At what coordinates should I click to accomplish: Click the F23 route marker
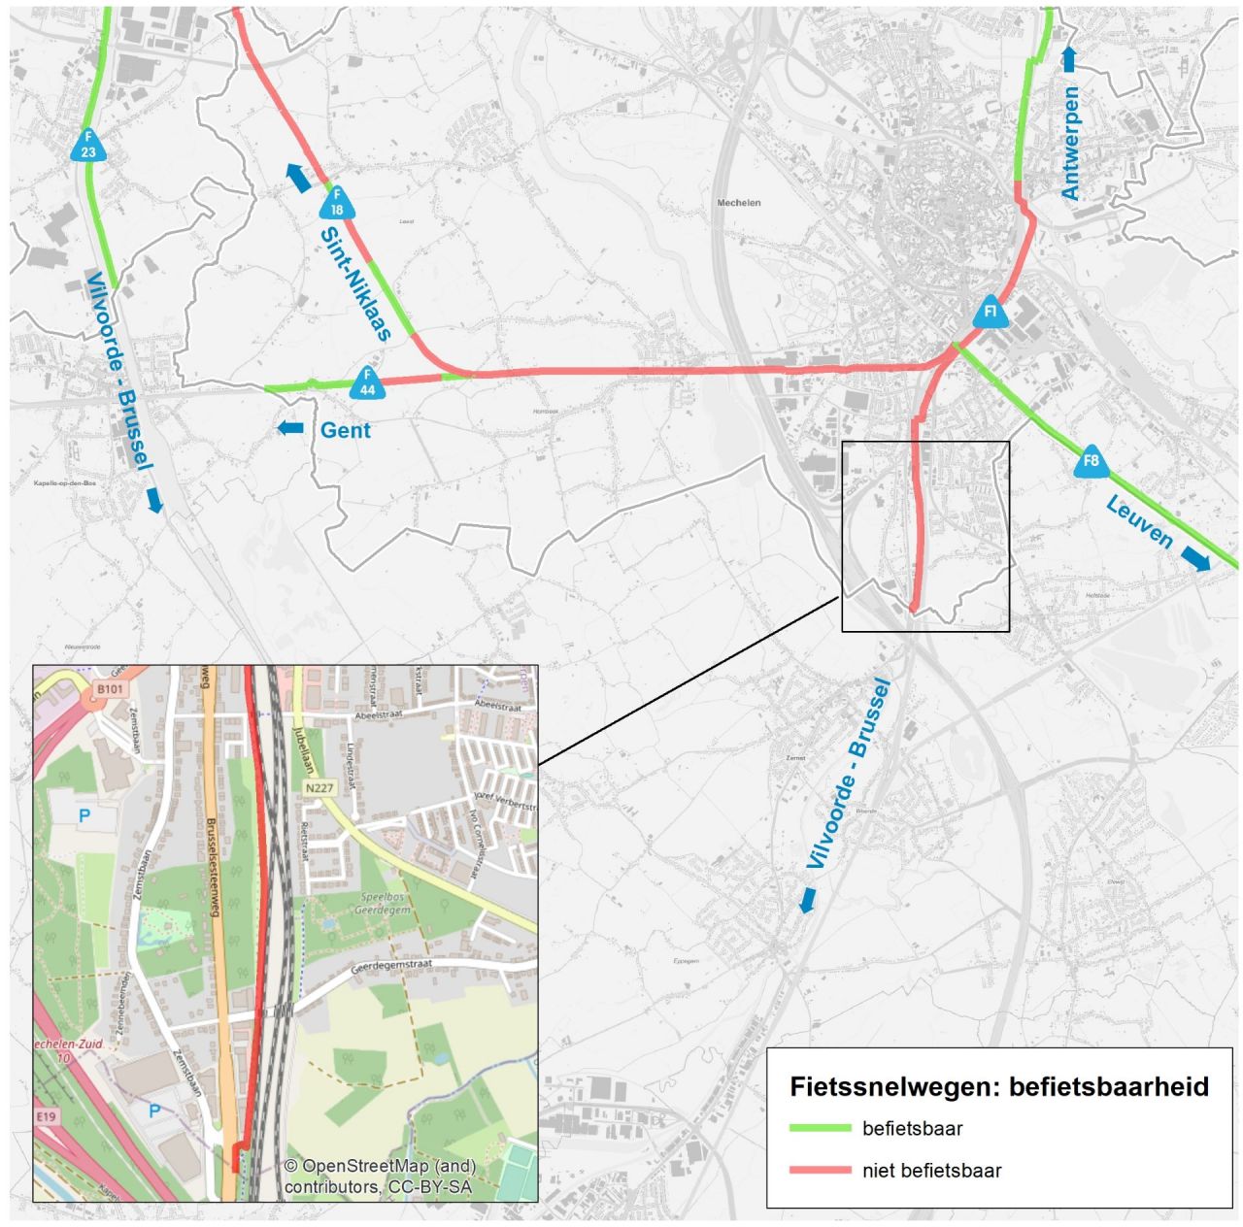[88, 146]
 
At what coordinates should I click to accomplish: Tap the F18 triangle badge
[337, 204]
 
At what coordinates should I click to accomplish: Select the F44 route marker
[367, 383]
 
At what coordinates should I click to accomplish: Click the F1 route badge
[991, 313]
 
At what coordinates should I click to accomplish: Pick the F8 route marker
[1092, 462]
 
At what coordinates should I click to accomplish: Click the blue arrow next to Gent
[290, 428]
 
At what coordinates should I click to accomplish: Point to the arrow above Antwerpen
[1069, 59]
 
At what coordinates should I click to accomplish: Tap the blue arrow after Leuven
[1196, 558]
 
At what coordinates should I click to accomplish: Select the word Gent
[346, 430]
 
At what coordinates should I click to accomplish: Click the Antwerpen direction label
[1071, 144]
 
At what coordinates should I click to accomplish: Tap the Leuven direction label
[1140, 521]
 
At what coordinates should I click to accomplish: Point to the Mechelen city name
[739, 203]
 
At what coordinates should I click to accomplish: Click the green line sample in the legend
[822, 1128]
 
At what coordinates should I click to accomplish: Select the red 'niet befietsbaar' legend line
[822, 1171]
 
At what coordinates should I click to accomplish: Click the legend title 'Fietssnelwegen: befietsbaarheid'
[999, 1086]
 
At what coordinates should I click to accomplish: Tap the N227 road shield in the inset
[319, 788]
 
